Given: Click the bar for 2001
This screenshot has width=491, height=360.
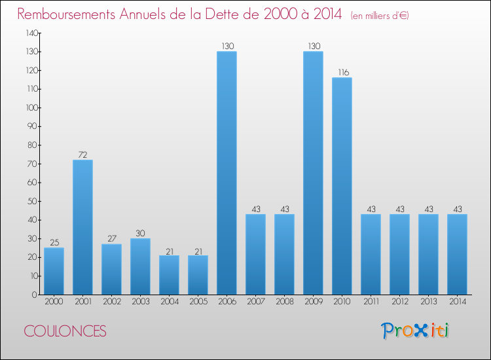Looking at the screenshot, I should (82, 227).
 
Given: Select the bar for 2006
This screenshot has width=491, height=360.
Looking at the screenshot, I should (227, 173).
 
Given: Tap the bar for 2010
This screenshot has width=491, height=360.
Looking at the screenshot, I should (342, 186).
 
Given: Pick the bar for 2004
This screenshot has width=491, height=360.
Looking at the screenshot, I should (169, 275).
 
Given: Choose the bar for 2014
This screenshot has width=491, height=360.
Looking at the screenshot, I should (457, 254).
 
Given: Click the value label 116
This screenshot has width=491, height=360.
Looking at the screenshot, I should (342, 72).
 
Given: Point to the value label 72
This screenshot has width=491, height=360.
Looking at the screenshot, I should (82, 154).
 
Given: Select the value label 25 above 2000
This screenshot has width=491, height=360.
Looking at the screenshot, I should (54, 242).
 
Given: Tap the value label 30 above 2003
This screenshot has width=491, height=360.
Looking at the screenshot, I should (140, 233).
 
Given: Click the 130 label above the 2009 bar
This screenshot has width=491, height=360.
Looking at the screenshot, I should (313, 46).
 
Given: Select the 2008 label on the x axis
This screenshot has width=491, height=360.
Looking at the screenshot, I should (284, 303).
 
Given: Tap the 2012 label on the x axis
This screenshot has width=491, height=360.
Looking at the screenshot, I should (399, 303).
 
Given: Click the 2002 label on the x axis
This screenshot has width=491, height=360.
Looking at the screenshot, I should (111, 303).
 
